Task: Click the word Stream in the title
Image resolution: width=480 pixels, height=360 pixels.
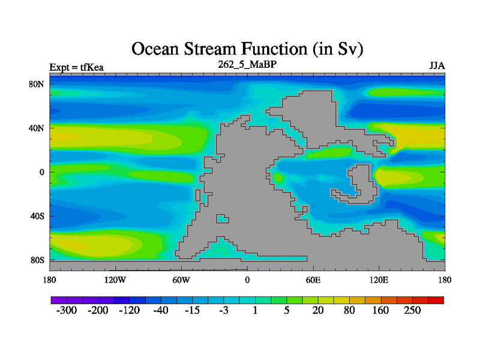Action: point(211,49)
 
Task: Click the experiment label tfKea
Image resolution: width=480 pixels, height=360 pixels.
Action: point(92,67)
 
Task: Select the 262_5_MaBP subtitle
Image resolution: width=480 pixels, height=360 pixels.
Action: point(247,64)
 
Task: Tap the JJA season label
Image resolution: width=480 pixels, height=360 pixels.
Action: point(437,66)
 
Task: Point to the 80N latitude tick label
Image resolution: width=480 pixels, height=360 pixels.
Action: point(37,84)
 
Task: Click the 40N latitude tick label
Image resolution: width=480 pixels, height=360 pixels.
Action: point(37,128)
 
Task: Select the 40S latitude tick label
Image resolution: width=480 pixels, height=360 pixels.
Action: point(37,216)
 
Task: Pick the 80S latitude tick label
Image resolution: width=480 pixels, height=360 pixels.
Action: point(37,260)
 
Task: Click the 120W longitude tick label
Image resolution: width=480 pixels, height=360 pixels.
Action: point(115,280)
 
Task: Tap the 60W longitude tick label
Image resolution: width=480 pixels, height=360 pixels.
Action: point(181,280)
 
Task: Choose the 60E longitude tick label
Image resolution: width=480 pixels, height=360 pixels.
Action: point(313,280)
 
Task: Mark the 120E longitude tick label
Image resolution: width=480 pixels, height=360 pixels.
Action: point(379,280)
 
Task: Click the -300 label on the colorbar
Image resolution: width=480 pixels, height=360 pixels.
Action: point(67,310)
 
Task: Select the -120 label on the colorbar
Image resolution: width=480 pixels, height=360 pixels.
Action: point(130,310)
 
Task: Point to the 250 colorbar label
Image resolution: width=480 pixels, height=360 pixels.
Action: point(412,310)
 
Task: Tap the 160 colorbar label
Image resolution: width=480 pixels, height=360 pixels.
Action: point(380,310)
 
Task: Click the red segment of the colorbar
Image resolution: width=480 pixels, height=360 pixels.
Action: point(436,300)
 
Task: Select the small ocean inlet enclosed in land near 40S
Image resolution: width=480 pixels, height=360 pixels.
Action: point(222,218)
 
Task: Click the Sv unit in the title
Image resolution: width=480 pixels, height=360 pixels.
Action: point(347,49)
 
